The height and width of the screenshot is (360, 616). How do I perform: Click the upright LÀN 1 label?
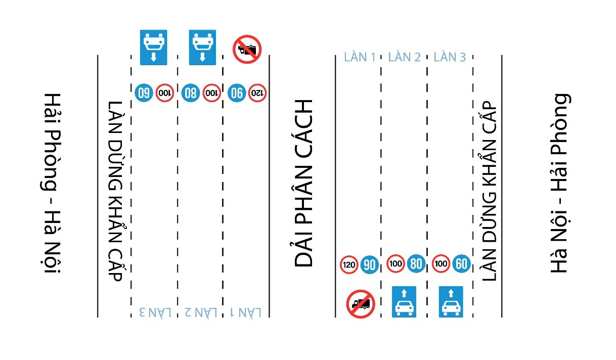(359, 57)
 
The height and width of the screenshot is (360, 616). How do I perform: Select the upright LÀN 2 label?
(404, 57)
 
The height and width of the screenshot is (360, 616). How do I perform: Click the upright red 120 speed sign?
(349, 264)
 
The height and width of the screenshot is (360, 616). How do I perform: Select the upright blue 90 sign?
(370, 264)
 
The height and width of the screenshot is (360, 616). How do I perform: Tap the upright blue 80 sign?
(416, 263)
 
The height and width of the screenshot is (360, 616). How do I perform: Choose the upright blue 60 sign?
(461, 263)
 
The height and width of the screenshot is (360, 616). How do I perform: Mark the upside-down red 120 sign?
(257, 93)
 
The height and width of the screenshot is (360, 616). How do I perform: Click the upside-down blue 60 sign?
(144, 93)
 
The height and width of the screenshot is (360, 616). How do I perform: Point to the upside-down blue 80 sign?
(190, 93)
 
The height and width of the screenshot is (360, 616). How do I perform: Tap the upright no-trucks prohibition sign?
(360, 303)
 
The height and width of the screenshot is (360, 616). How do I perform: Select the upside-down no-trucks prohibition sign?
(247, 49)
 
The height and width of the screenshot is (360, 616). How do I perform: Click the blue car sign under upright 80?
(404, 302)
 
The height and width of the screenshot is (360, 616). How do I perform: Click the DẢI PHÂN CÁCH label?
(304, 183)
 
